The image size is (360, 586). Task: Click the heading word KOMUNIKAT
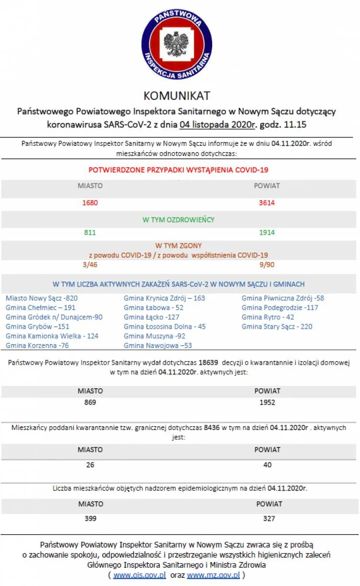coord(177,96)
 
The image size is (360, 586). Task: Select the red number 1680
coord(90,203)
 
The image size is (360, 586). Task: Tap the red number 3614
coord(267,203)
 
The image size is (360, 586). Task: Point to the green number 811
coord(90,232)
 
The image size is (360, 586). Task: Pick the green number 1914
coord(267,232)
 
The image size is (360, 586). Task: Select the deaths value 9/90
coord(267,264)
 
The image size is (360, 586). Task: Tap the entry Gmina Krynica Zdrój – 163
coord(164,298)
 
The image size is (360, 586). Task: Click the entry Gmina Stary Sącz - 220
coord(277,326)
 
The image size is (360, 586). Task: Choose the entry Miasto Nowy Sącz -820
coord(42,298)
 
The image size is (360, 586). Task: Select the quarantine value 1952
coord(267,402)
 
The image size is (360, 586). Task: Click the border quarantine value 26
coord(90,465)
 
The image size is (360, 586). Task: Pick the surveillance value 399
coord(90,518)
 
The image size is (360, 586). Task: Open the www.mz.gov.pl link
coord(213,574)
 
